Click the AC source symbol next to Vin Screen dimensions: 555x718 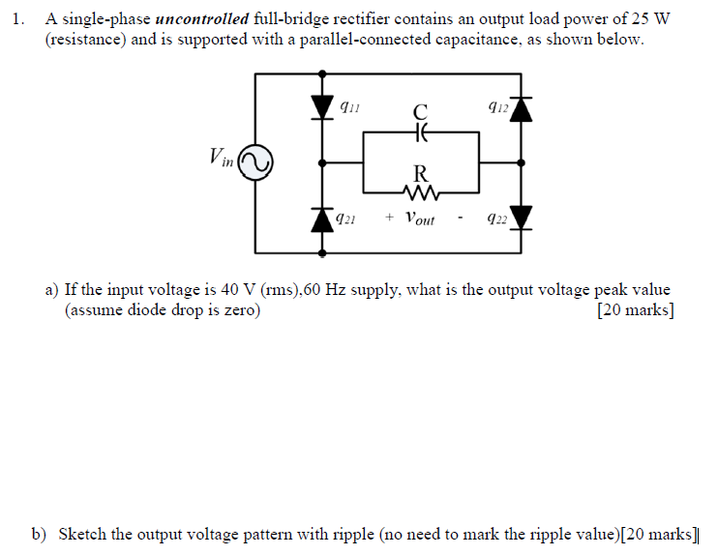256,161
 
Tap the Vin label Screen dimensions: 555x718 222,157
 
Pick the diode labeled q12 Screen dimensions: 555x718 524,107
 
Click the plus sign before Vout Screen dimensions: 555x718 388,219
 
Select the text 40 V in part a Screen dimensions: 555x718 224,290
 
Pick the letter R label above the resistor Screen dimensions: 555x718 420,173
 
